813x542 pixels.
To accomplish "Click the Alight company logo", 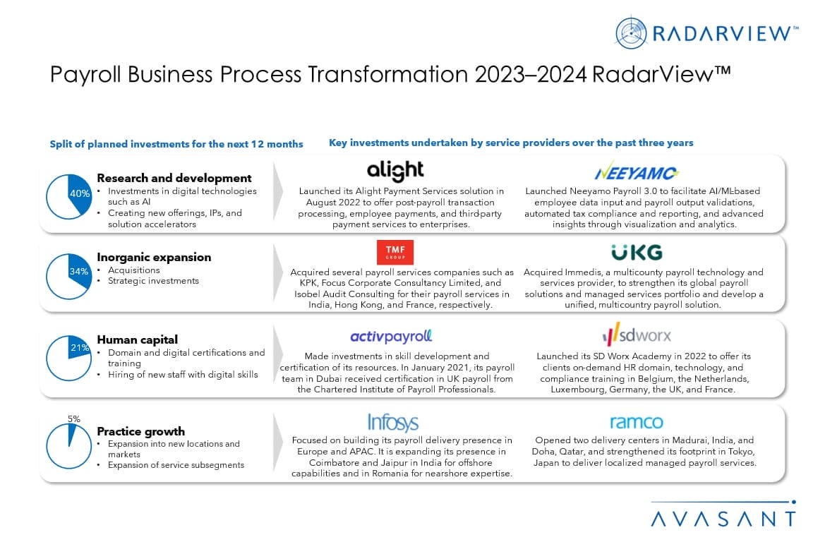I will pyautogui.click(x=395, y=171).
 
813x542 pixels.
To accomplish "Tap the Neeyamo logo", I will pyautogui.click(x=637, y=171).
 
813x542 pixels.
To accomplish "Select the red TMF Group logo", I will pyautogui.click(x=395, y=252).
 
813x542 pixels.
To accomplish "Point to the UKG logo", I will pyautogui.click(x=637, y=252).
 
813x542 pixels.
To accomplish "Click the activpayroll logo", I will pyautogui.click(x=391, y=336).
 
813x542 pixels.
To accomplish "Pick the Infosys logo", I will pyautogui.click(x=393, y=422).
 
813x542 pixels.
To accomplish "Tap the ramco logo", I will pyautogui.click(x=636, y=422).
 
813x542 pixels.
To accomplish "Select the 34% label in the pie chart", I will pyautogui.click(x=78, y=272).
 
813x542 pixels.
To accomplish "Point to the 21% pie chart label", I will pyautogui.click(x=79, y=347).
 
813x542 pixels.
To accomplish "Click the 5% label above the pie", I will pyautogui.click(x=73, y=418).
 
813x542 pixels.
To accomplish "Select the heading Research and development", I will pyautogui.click(x=174, y=178).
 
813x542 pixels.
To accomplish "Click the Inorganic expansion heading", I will pyautogui.click(x=154, y=257).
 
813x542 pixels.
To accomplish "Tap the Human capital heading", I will pyautogui.click(x=137, y=339).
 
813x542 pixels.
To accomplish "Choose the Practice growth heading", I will pyautogui.click(x=140, y=431).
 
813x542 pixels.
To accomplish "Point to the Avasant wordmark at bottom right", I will pyautogui.click(x=723, y=519).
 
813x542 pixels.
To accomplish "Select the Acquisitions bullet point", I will pyautogui.click(x=134, y=270).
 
